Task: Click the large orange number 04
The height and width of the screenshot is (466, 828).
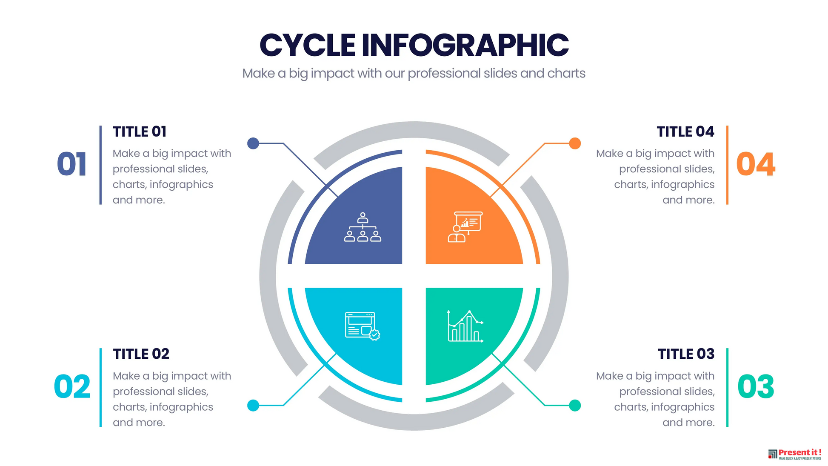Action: [756, 164]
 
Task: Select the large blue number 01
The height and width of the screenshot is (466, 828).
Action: [72, 164]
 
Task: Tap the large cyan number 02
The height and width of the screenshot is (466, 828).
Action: [72, 387]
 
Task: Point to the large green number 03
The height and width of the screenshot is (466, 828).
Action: [756, 387]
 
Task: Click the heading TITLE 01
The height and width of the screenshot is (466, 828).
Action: [140, 132]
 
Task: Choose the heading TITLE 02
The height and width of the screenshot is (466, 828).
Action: [141, 354]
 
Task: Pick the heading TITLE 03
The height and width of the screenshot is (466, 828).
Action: [686, 354]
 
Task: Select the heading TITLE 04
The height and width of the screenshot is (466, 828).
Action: [685, 132]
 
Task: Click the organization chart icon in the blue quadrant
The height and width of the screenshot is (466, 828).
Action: [363, 227]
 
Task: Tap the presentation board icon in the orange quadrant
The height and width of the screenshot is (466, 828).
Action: [465, 227]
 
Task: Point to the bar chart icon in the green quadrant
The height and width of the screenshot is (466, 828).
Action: [465, 326]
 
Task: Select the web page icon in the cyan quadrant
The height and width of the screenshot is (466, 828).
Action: [363, 326]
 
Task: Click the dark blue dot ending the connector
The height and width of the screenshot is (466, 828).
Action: [253, 143]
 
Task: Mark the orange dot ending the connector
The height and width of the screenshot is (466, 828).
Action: [575, 143]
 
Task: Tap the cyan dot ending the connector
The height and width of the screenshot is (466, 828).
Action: [253, 406]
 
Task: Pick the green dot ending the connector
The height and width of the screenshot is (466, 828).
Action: [575, 406]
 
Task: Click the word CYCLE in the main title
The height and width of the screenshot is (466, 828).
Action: [307, 45]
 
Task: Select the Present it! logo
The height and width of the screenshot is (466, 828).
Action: [794, 454]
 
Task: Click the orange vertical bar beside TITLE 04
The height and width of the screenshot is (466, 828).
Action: [727, 165]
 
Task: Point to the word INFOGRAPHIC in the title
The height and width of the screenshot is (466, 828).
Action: [465, 45]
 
